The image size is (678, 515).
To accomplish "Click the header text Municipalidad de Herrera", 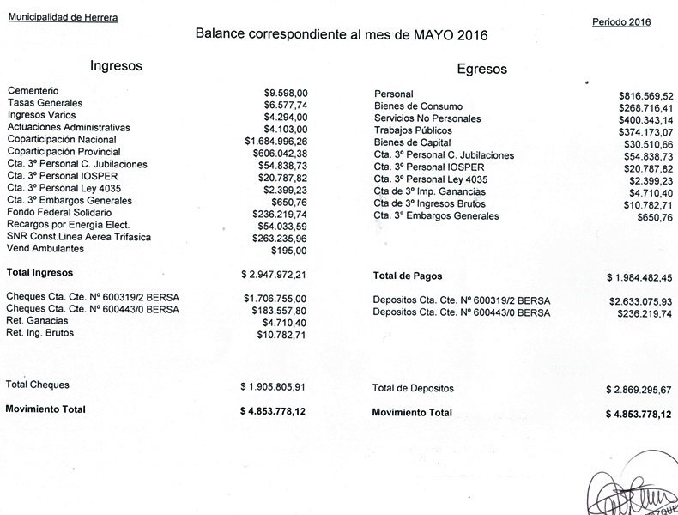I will coord(64,17).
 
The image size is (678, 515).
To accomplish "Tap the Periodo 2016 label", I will coord(621,21).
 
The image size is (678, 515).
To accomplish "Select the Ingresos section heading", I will coord(117,65).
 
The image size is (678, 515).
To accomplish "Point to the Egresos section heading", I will coord(481,70).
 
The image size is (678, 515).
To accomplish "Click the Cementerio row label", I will coord(33,90).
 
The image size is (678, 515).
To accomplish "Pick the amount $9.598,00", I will coord(286,91).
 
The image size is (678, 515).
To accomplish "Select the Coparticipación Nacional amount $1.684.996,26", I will coord(275,140).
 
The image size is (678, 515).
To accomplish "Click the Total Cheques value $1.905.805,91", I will coord(274,386).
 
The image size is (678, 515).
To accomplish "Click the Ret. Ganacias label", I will coord(38,320).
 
